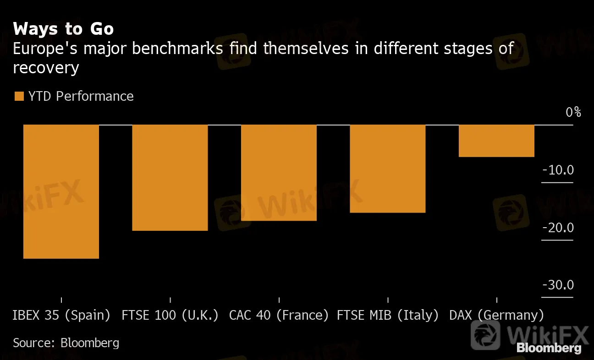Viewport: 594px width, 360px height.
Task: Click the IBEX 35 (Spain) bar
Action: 61,191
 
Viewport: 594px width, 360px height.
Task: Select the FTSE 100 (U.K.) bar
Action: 170,178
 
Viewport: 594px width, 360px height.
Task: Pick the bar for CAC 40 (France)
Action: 279,173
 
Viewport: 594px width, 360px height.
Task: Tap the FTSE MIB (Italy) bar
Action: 388,169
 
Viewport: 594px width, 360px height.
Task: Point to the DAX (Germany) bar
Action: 496,141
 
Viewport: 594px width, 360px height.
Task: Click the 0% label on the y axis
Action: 573,112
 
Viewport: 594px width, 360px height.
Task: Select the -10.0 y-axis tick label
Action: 558,170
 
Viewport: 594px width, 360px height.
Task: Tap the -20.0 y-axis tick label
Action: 558,228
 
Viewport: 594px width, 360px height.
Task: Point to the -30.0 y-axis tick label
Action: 558,285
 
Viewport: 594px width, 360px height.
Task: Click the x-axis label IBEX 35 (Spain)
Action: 61,316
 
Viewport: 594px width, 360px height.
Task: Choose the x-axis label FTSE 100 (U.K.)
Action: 170,316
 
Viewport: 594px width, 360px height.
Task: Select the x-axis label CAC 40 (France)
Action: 279,316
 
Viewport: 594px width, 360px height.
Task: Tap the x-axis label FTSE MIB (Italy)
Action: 388,316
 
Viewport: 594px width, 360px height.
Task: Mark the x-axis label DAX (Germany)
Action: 496,316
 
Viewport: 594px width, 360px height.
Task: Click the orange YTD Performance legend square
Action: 19,96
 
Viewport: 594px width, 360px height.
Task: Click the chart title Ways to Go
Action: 63,29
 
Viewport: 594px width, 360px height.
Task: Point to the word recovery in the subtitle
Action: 46,68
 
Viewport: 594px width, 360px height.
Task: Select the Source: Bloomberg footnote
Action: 66,343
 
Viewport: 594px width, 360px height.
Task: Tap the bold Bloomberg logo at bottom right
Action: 549,348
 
